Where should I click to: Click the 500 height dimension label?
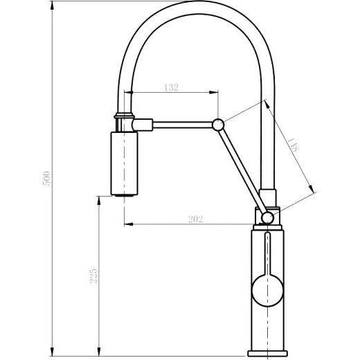click(46, 179)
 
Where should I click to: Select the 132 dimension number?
click(171, 87)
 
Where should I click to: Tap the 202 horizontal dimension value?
click(196, 219)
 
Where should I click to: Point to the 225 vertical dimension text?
click(93, 276)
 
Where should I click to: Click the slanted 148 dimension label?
click(294, 145)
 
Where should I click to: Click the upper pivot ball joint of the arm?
click(218, 125)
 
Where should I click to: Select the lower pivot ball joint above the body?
click(267, 218)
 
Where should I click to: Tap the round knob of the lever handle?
click(267, 291)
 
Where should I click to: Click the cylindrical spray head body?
click(125, 163)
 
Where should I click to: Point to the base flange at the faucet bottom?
click(267, 353)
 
